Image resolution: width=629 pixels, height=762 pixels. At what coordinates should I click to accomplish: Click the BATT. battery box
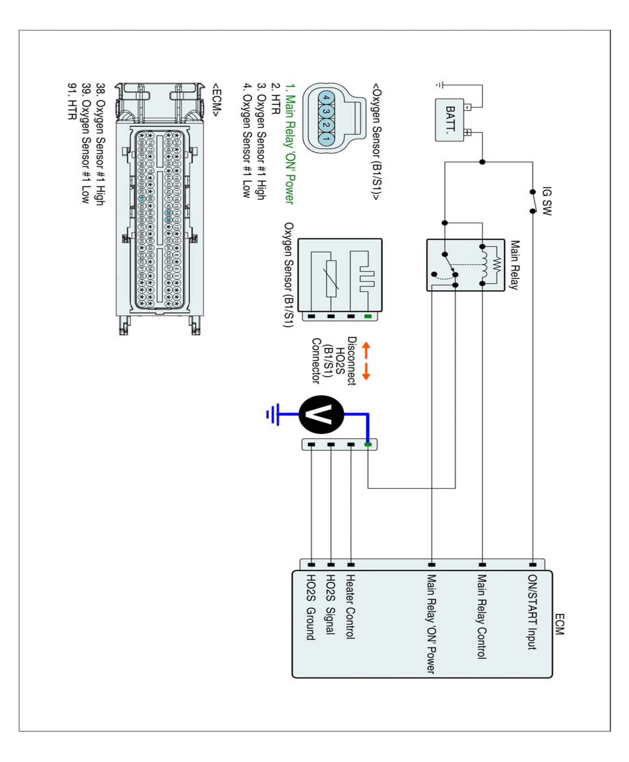point(450,120)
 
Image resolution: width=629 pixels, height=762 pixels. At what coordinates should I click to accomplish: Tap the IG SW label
point(547,201)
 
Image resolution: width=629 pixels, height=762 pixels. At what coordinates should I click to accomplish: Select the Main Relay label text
point(515,265)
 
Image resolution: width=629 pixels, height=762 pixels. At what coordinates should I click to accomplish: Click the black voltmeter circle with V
point(321,414)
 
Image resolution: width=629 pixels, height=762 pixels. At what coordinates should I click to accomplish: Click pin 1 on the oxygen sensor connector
point(326,139)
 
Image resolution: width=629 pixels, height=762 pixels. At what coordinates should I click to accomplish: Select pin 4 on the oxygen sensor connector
point(326,98)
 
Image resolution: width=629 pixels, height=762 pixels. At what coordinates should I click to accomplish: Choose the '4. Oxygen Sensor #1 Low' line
point(247,141)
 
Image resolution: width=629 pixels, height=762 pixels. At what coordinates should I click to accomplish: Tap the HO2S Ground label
point(311,607)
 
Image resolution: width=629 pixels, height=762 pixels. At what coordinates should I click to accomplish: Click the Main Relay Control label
point(481,616)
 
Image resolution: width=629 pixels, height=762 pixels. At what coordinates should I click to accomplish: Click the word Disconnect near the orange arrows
point(352,361)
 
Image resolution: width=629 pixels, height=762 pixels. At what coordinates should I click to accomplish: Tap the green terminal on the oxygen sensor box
point(368,316)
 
